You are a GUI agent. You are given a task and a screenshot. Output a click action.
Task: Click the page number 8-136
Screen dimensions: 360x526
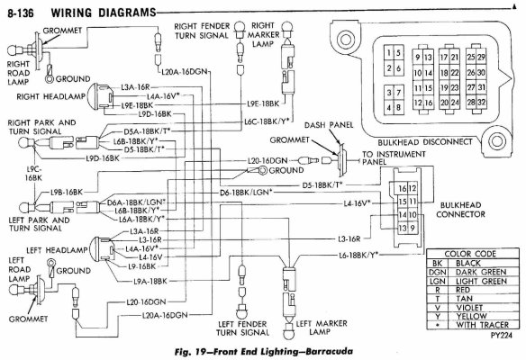click(23, 12)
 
